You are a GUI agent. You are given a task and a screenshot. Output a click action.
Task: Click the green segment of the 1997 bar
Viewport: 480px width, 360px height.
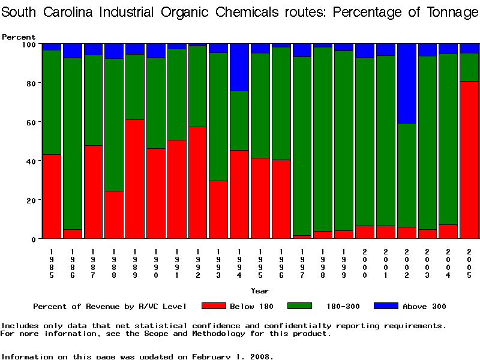click(302, 146)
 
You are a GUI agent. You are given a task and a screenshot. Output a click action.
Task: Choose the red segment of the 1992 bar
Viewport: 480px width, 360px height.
click(198, 182)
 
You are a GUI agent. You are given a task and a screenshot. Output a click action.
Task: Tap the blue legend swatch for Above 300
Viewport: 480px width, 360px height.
click(386, 306)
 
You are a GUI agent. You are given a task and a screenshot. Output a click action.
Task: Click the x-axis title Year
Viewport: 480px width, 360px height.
click(260, 291)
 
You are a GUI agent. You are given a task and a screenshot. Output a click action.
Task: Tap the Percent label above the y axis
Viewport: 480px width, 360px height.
click(19, 37)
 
